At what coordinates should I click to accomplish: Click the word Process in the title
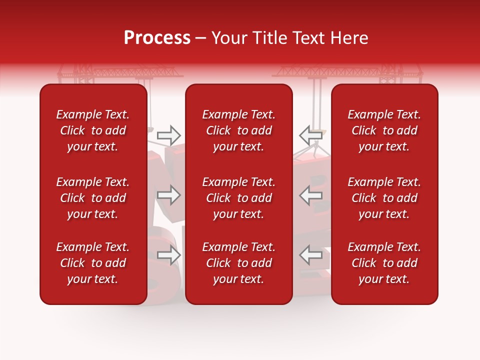pyautogui.click(x=157, y=38)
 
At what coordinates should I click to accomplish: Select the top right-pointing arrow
pyautogui.click(x=168, y=134)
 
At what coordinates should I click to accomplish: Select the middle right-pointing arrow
pyautogui.click(x=168, y=195)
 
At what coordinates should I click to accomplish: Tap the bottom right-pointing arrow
pyautogui.click(x=168, y=255)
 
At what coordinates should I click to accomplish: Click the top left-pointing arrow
pyautogui.click(x=310, y=134)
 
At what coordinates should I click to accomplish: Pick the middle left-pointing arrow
pyautogui.click(x=310, y=195)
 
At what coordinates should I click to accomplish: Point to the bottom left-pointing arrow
pyautogui.click(x=310, y=255)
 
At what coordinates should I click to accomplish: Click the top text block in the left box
pyautogui.click(x=93, y=130)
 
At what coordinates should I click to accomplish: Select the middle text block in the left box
pyautogui.click(x=93, y=198)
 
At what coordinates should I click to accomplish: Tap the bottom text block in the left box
pyautogui.click(x=93, y=263)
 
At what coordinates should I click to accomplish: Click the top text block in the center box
pyautogui.click(x=238, y=130)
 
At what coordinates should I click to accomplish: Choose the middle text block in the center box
pyautogui.click(x=238, y=198)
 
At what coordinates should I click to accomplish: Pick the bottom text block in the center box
pyautogui.click(x=238, y=263)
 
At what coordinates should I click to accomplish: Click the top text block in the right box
pyautogui.click(x=384, y=130)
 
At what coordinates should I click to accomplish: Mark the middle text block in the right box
pyautogui.click(x=384, y=198)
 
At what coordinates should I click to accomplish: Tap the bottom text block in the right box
pyautogui.click(x=384, y=263)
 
